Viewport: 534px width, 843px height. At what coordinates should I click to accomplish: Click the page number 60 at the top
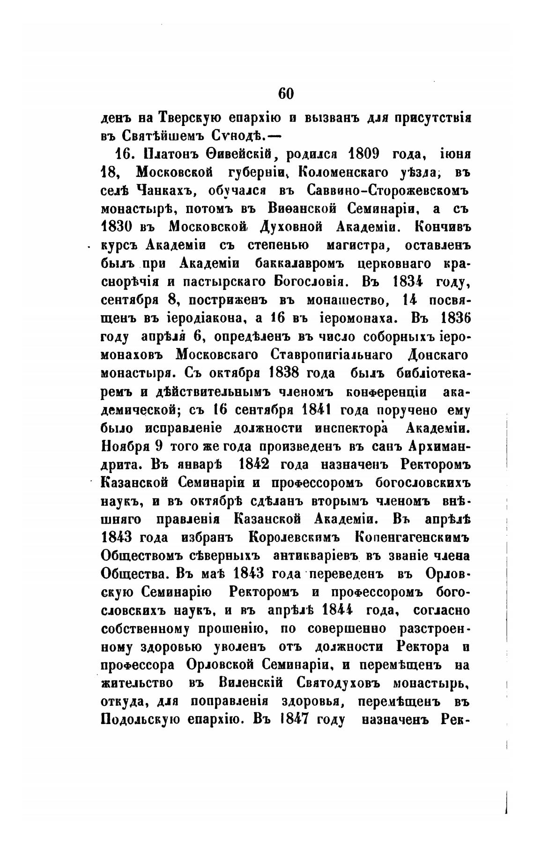pos(286,93)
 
